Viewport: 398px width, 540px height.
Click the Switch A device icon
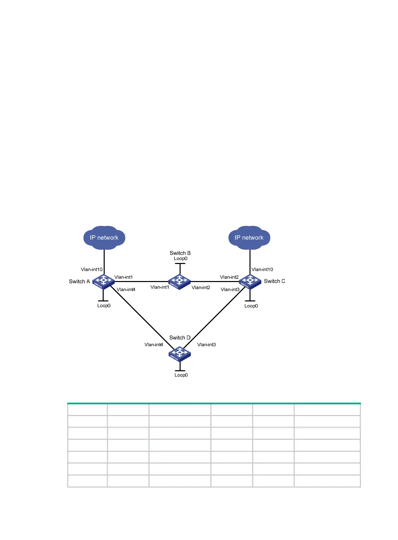point(103,281)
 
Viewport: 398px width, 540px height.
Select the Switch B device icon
point(180,282)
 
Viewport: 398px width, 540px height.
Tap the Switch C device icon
point(250,281)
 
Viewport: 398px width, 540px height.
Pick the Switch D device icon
point(180,354)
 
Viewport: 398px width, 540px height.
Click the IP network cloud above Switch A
point(104,238)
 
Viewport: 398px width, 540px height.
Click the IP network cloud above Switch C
point(249,238)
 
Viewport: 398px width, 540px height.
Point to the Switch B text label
point(180,253)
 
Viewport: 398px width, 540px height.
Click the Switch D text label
point(180,337)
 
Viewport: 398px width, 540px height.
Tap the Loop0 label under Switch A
point(104,305)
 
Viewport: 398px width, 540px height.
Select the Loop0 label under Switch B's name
point(181,258)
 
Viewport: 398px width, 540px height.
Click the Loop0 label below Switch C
point(251,306)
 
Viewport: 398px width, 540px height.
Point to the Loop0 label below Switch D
point(181,375)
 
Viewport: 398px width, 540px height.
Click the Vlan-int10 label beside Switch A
point(92,269)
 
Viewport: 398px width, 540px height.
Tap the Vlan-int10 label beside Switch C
point(262,269)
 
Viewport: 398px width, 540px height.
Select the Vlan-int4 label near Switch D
point(154,345)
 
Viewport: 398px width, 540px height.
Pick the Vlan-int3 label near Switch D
point(206,345)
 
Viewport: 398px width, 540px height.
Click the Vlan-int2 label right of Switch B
point(201,287)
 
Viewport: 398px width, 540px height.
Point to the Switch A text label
point(79,281)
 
